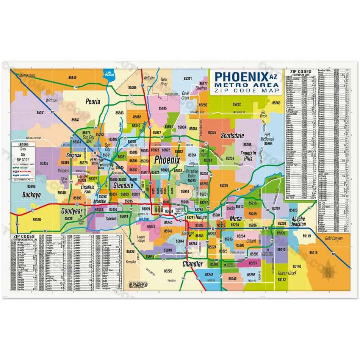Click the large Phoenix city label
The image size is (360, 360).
[x=167, y=160]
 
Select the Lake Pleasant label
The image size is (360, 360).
[x=109, y=73]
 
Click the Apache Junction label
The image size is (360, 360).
[x=298, y=222]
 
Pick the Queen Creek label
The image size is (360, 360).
[x=287, y=272]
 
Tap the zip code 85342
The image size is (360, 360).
[x=72, y=78]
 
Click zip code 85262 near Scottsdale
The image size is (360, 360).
[x=236, y=104]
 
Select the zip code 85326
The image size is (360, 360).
[x=37, y=219]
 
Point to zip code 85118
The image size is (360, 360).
[x=313, y=252]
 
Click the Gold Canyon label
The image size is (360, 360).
[x=333, y=238]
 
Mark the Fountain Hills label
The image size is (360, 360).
[x=248, y=156]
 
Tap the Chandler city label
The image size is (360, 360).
[x=193, y=264]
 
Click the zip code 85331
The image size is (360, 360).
[x=188, y=78]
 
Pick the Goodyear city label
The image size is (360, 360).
[x=72, y=211]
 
